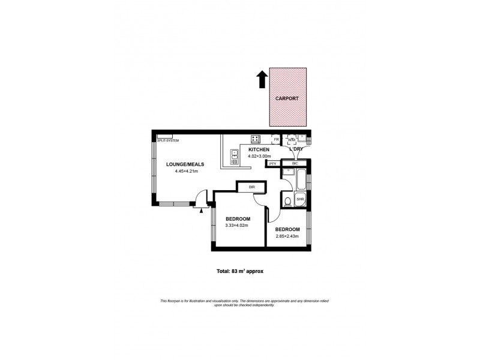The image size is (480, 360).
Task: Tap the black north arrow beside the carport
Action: pos(262,79)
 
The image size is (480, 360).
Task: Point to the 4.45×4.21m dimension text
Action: pos(186,172)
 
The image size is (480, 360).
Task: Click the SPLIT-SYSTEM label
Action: pos(169,140)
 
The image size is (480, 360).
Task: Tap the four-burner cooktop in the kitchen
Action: pos(255,139)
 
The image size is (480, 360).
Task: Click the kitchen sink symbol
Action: pos(233,158)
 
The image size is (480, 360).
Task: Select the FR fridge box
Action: pos(276,140)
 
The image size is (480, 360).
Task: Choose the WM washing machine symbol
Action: pos(292,140)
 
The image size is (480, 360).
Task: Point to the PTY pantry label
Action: pos(273,163)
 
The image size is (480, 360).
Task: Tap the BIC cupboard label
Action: pos(295,163)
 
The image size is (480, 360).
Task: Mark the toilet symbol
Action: pos(288,200)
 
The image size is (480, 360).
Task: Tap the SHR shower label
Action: pos(301,199)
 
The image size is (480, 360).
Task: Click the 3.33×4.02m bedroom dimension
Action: pos(237,226)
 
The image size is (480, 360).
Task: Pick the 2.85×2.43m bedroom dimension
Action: pos(287,236)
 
